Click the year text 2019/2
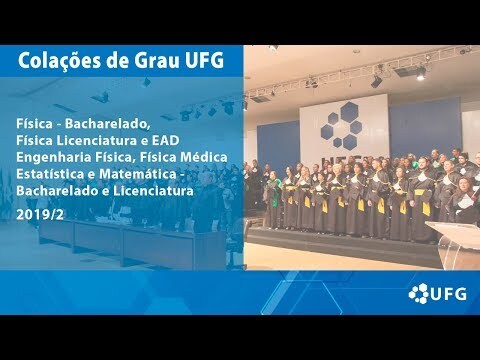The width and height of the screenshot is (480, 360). tap(40, 215)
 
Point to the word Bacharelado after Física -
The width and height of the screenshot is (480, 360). tap(106, 124)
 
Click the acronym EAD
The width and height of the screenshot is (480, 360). tap(166, 140)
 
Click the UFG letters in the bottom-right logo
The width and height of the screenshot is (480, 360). tap(448, 294)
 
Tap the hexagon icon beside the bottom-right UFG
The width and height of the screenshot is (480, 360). tap(419, 293)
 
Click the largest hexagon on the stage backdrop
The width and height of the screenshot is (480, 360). tap(349, 111)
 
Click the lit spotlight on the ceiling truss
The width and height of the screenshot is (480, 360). tap(421, 74)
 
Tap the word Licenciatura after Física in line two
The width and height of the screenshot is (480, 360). tap(96, 140)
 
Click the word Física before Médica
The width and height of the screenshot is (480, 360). tap(158, 157)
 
